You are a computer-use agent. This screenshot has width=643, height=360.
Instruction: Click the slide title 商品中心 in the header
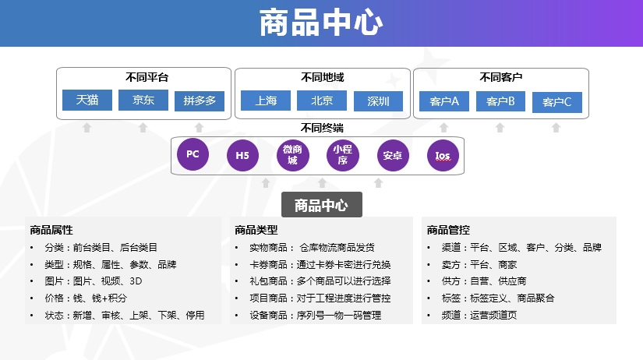pos(321,23)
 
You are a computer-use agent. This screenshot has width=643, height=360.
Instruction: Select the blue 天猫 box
pos(87,101)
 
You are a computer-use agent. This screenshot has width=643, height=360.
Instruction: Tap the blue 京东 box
pos(143,101)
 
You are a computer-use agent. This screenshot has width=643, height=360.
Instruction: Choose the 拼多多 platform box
pos(200,101)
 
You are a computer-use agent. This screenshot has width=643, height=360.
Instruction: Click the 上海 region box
pos(266,101)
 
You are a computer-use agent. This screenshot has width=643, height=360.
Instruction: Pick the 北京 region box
pos(322,101)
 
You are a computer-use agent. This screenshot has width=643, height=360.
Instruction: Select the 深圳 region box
pos(378,101)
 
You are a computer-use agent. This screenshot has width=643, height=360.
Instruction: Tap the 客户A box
pos(444,101)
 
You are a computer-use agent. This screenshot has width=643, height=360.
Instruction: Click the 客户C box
pos(557,102)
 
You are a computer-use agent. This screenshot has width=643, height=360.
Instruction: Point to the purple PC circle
pos(193,154)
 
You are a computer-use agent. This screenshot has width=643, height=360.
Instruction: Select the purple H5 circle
pos(242,155)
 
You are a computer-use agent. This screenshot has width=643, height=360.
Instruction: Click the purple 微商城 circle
pos(292,155)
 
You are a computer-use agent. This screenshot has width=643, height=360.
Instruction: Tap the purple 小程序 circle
pos(341,155)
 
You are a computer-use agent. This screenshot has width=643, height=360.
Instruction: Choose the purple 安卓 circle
pos(392,155)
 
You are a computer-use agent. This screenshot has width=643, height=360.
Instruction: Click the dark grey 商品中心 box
pos(321,205)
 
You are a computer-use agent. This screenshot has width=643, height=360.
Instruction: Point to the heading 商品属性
pos(51,230)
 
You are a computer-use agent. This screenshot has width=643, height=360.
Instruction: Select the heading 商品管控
pos(448,230)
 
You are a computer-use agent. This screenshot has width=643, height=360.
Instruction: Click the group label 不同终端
pos(322,128)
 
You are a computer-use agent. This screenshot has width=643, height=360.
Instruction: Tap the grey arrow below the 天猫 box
pos(87,126)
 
